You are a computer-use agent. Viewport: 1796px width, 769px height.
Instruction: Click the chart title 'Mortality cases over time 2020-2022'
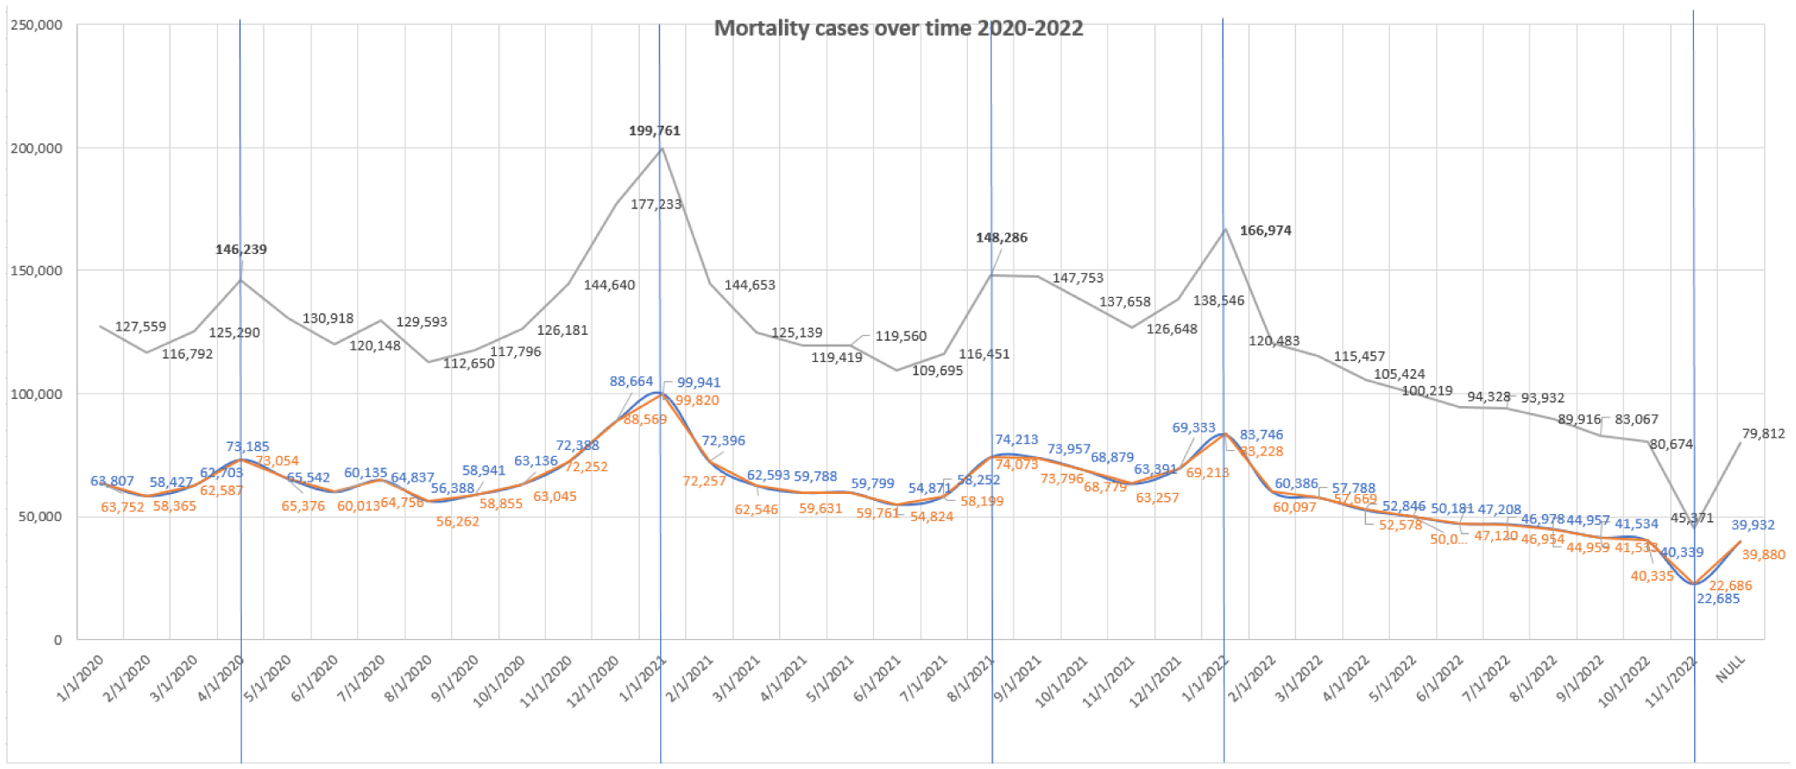point(898,28)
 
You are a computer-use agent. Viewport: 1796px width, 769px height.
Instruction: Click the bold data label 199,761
point(654,131)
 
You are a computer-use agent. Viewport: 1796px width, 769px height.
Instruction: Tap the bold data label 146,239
point(241,250)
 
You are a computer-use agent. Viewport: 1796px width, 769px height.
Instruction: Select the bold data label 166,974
point(1265,230)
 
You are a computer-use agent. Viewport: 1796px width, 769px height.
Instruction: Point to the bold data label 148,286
point(1001,237)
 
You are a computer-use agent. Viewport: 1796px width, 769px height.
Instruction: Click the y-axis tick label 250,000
point(37,25)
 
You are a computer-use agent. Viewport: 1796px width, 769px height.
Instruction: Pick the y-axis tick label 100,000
point(37,394)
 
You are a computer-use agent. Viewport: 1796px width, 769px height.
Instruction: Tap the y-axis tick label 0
point(58,640)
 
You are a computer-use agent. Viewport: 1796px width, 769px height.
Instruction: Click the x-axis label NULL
point(1729,671)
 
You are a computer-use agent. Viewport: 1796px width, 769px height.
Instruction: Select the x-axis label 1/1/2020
point(81,678)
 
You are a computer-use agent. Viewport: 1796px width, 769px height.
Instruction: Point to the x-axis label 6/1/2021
point(877,678)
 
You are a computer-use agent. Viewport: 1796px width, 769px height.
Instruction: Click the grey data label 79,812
point(1763,433)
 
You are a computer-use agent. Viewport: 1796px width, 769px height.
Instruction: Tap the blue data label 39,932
point(1753,525)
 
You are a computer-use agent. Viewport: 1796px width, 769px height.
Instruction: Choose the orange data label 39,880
point(1763,555)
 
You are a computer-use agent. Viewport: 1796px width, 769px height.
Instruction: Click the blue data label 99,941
point(698,382)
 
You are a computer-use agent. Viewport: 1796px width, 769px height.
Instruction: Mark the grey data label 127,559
point(141,327)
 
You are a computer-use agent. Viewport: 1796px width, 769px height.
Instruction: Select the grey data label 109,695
point(937,371)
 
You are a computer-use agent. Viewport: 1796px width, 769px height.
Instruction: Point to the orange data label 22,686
point(1729,585)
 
